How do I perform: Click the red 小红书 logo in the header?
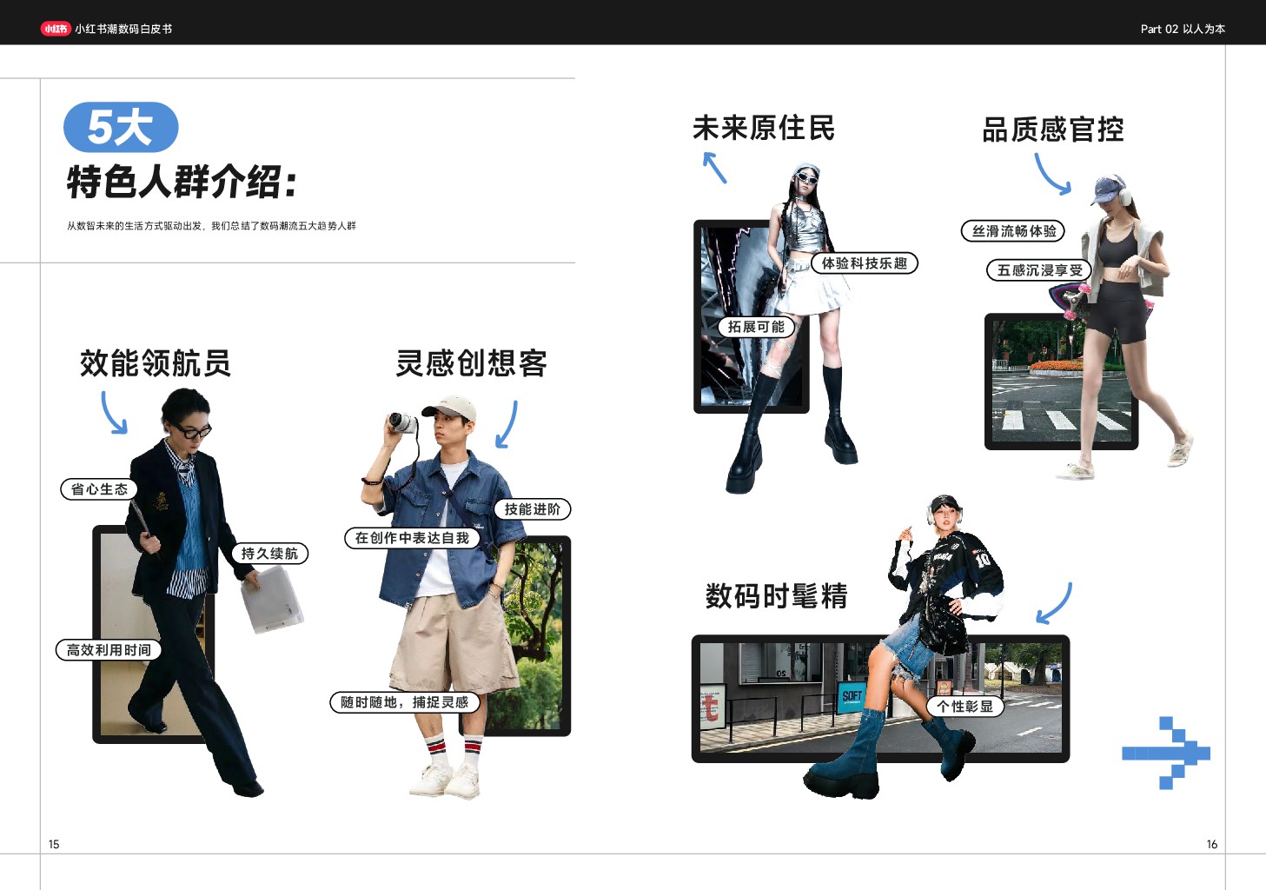pyautogui.click(x=56, y=29)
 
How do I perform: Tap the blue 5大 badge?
pyautogui.click(x=121, y=127)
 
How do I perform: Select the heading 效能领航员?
pyautogui.click(x=156, y=363)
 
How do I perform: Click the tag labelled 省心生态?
pyautogui.click(x=99, y=489)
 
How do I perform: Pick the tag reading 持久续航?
pyautogui.click(x=269, y=553)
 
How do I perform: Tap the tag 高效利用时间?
pyautogui.click(x=109, y=650)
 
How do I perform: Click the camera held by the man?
pyautogui.click(x=402, y=423)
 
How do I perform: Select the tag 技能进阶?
pyautogui.click(x=533, y=509)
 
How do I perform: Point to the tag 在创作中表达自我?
pyautogui.click(x=412, y=538)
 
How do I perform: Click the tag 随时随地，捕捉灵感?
pyautogui.click(x=405, y=702)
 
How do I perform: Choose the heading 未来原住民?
pyautogui.click(x=764, y=128)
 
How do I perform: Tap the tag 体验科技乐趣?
pyautogui.click(x=865, y=263)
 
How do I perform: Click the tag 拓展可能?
pyautogui.click(x=756, y=327)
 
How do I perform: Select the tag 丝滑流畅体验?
pyautogui.click(x=1013, y=230)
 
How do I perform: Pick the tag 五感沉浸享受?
pyautogui.click(x=1039, y=270)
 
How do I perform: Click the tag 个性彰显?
pyautogui.click(x=964, y=707)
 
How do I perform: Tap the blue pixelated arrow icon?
pyautogui.click(x=1166, y=754)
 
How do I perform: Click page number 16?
pyautogui.click(x=1212, y=844)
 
